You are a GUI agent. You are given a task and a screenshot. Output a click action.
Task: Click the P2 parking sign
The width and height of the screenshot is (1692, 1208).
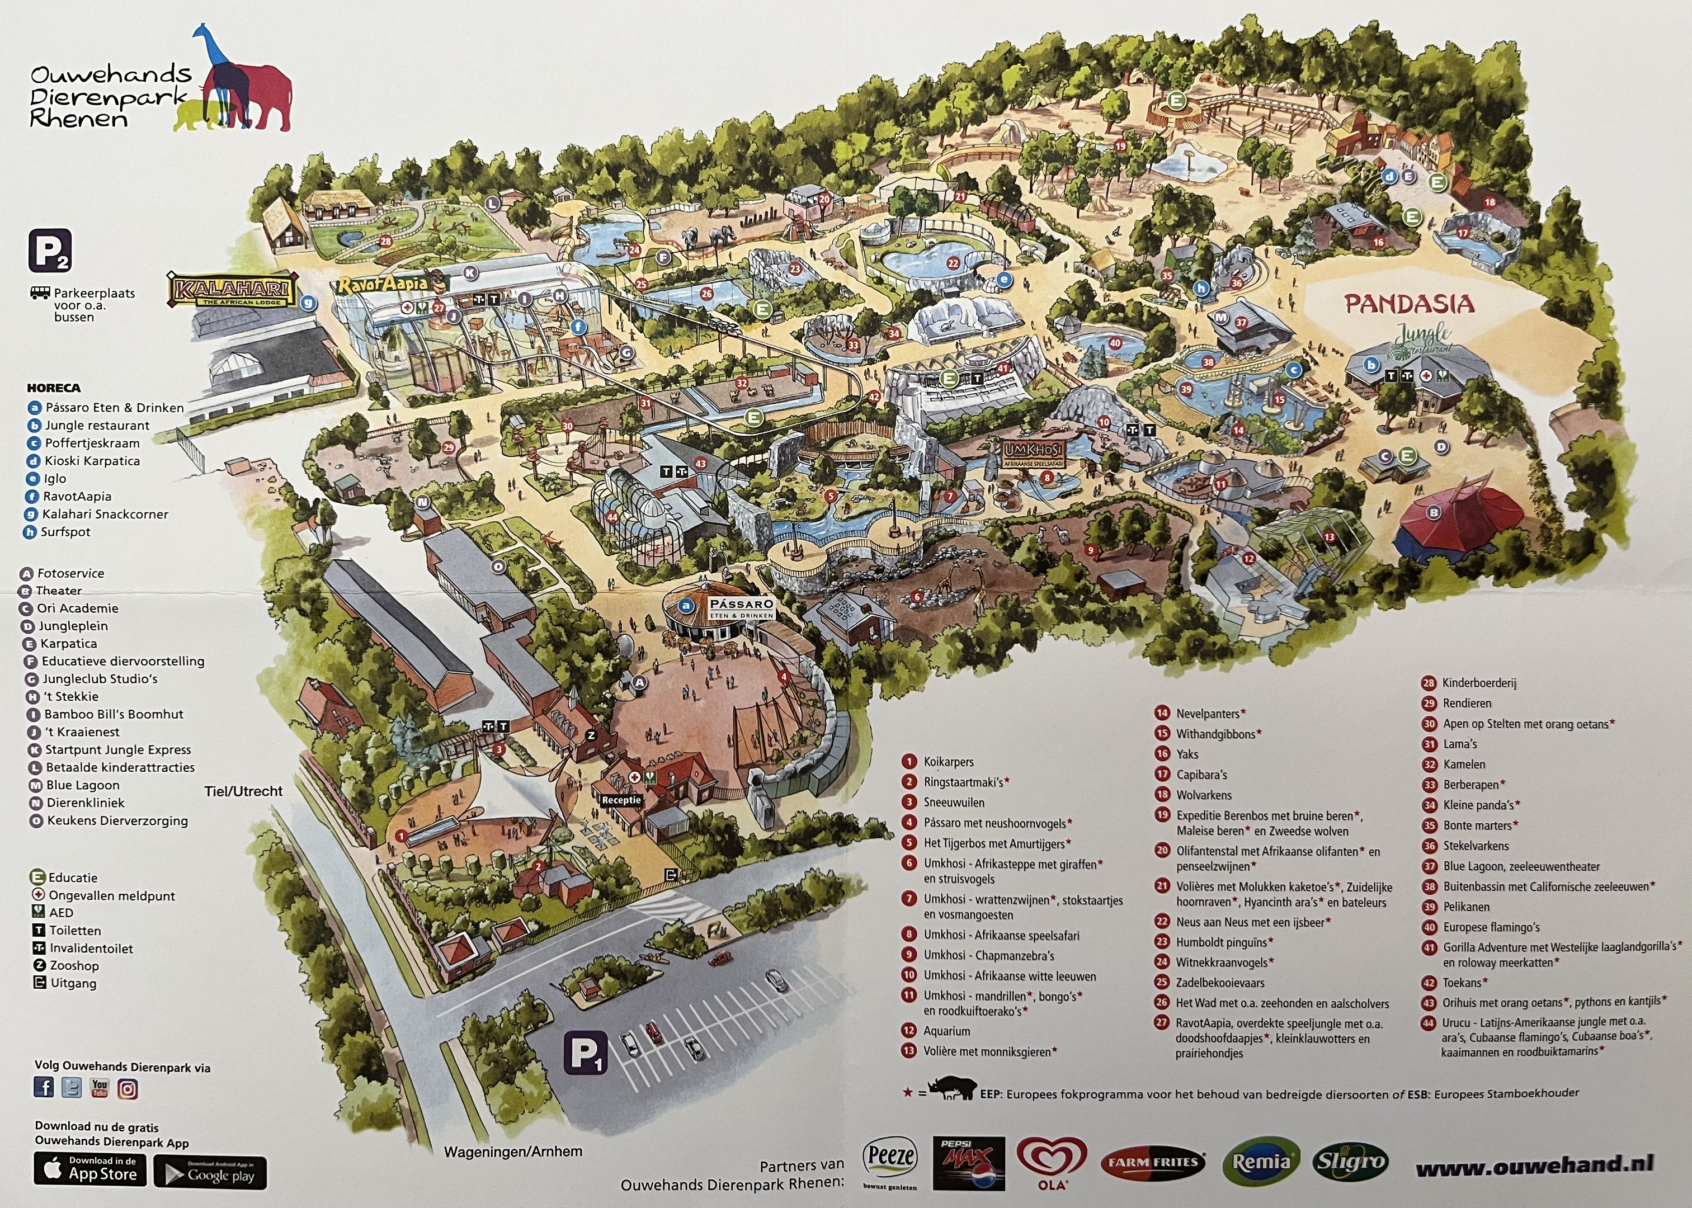[50, 251]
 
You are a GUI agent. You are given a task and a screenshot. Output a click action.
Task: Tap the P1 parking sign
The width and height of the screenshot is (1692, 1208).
[585, 1053]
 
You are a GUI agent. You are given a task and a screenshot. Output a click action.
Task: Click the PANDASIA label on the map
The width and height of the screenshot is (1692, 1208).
[1408, 304]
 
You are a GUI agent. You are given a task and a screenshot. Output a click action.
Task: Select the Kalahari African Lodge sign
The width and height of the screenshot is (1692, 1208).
[232, 291]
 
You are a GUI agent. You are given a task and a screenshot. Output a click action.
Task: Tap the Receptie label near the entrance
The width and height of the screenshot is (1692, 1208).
[621, 800]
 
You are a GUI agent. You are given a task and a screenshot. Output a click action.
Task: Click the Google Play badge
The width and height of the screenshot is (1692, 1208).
[210, 1173]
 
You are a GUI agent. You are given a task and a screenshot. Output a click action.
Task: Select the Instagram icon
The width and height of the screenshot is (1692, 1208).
[128, 1089]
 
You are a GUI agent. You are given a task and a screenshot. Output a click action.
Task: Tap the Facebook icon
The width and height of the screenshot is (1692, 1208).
[44, 1088]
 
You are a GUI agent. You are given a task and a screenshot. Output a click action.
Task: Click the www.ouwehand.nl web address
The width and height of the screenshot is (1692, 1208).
[1534, 1165]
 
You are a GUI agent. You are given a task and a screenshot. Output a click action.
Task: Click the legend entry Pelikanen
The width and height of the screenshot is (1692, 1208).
[1466, 907]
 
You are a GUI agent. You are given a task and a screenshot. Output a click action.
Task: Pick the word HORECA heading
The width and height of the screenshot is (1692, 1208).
[54, 388]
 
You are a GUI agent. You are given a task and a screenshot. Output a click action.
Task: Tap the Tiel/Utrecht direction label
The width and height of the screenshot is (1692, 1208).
[243, 791]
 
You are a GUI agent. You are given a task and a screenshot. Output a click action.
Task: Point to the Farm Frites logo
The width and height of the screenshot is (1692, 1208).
[1153, 1162]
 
